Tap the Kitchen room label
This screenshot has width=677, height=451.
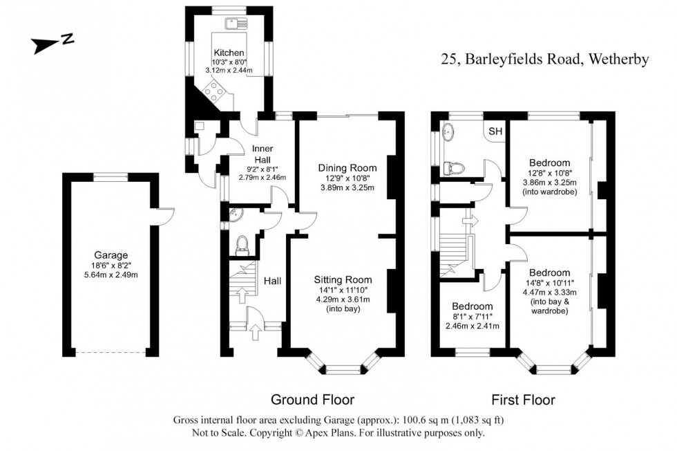tap(228, 53)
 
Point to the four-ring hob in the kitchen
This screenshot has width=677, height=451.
tap(214, 91)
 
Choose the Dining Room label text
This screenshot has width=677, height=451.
tap(347, 167)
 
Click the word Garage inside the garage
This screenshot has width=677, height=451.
tap(111, 255)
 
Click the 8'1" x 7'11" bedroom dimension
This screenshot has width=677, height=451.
tap(472, 317)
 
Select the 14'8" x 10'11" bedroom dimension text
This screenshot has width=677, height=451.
tap(550, 283)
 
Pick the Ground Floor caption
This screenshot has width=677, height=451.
tap(312, 400)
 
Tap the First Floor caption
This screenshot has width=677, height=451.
tap(523, 400)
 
